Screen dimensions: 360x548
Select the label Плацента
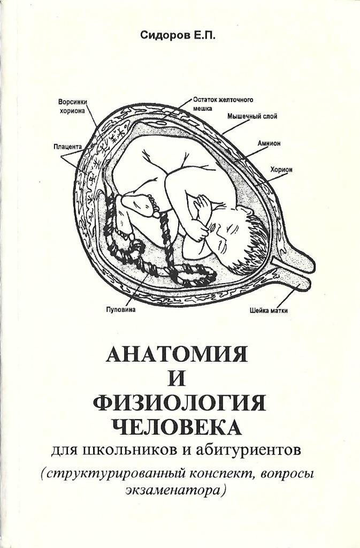coord(67,146)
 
